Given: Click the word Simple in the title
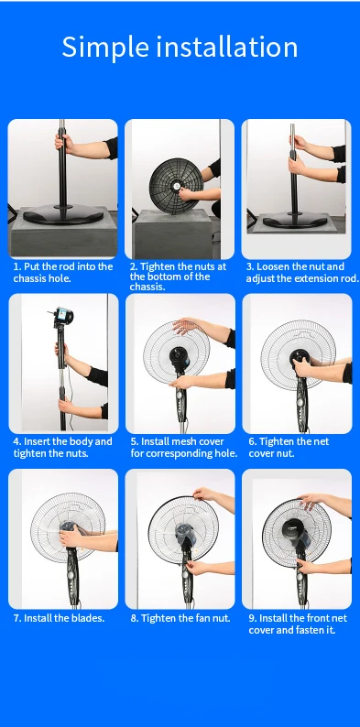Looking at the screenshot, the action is point(105,47).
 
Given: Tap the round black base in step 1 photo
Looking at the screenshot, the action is point(63,214).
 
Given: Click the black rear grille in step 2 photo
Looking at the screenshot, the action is point(177,186).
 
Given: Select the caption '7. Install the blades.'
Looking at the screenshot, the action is point(59,618).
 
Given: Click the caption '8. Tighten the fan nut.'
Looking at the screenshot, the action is point(180,618).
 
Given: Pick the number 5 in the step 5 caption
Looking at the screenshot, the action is point(134,441).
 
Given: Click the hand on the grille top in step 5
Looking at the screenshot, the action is point(187,325).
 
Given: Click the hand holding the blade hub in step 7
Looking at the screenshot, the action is point(71,537).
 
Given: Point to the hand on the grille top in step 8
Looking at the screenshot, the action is point(204,494).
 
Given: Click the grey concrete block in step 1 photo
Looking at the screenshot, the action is point(63,234).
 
